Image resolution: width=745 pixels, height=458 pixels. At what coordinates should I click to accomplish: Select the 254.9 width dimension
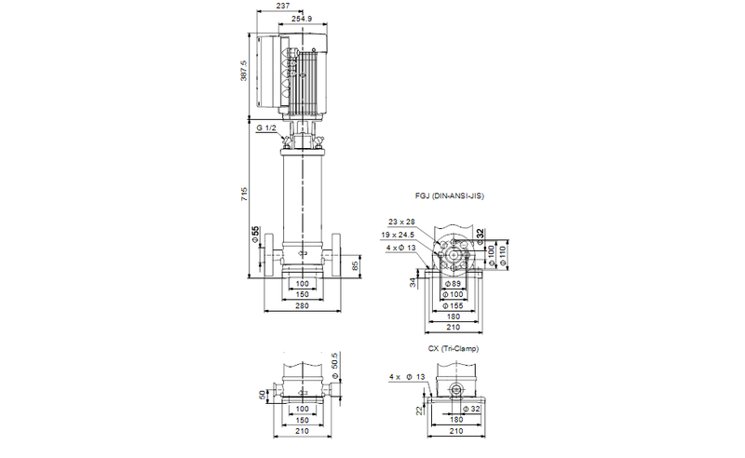[301, 18]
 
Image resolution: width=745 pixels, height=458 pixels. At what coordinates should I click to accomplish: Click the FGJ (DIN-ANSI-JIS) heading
[451, 197]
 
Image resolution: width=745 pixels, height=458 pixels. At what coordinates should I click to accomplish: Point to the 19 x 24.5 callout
[398, 235]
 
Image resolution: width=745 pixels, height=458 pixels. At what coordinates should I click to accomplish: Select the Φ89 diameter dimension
[454, 282]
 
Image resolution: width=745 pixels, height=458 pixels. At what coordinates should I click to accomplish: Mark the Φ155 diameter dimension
[454, 304]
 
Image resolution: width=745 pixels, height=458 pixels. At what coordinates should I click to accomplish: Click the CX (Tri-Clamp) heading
[454, 348]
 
